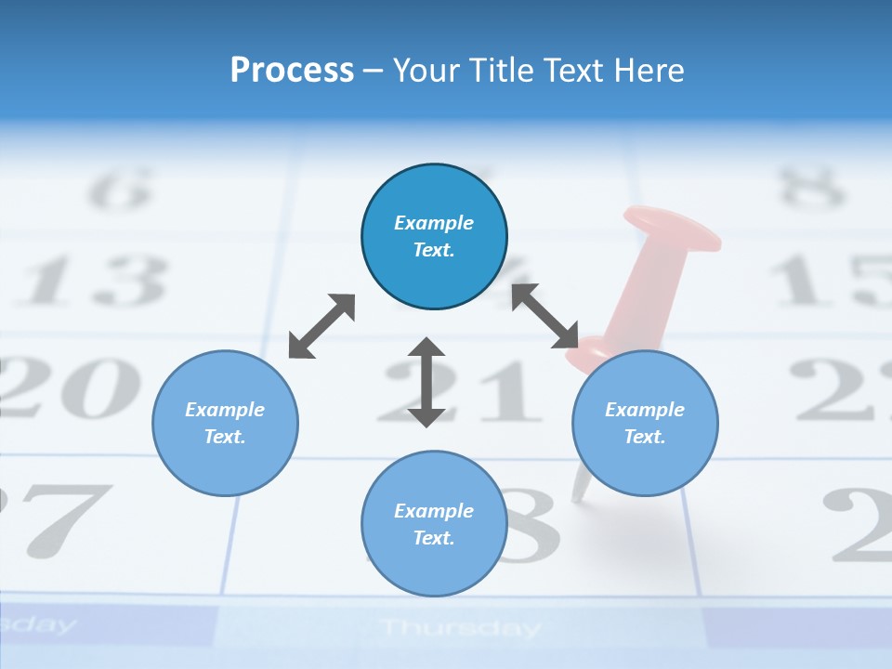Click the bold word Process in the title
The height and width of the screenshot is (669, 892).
click(292, 70)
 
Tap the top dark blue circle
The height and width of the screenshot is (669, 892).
click(434, 237)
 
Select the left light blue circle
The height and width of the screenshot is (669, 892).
click(225, 423)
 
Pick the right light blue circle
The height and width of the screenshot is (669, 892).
click(645, 423)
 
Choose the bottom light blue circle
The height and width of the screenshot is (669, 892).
click(434, 524)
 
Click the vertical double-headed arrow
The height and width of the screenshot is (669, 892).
click(426, 382)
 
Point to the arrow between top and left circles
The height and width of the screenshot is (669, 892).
click(321, 326)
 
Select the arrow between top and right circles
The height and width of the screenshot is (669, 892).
click(545, 316)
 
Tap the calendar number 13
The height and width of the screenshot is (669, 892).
click(93, 280)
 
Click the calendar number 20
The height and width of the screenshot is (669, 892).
click(70, 386)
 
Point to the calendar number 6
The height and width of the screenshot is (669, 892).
click(119, 190)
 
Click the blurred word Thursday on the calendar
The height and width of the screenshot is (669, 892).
click(460, 629)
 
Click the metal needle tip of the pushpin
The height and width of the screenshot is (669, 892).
click(579, 492)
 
